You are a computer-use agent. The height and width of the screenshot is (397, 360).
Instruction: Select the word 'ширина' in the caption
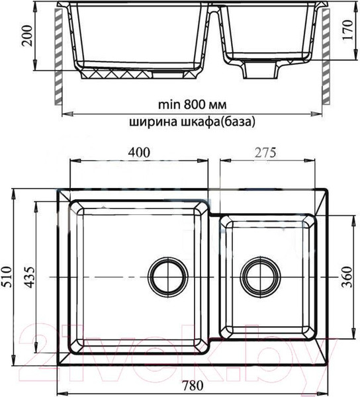[x=152, y=122]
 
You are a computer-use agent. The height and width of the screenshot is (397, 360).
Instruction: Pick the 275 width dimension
[x=265, y=152]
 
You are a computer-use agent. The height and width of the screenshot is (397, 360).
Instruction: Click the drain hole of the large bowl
[x=166, y=273]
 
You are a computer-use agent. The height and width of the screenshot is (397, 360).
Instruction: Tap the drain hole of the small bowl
[x=259, y=273]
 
